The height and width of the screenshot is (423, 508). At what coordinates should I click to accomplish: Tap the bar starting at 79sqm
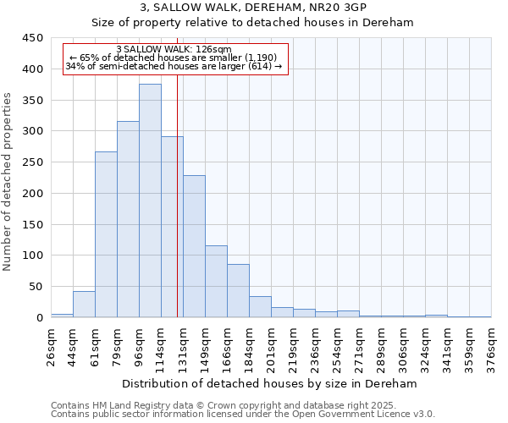click(x=128, y=219)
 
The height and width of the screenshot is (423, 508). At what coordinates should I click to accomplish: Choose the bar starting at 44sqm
click(x=84, y=304)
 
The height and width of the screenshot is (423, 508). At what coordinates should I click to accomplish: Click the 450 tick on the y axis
click(x=33, y=38)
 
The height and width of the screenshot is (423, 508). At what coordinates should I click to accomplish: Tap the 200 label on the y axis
click(x=33, y=194)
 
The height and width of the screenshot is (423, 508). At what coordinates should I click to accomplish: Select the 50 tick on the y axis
click(x=36, y=287)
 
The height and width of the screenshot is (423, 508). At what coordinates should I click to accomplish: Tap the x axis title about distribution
click(x=270, y=384)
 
